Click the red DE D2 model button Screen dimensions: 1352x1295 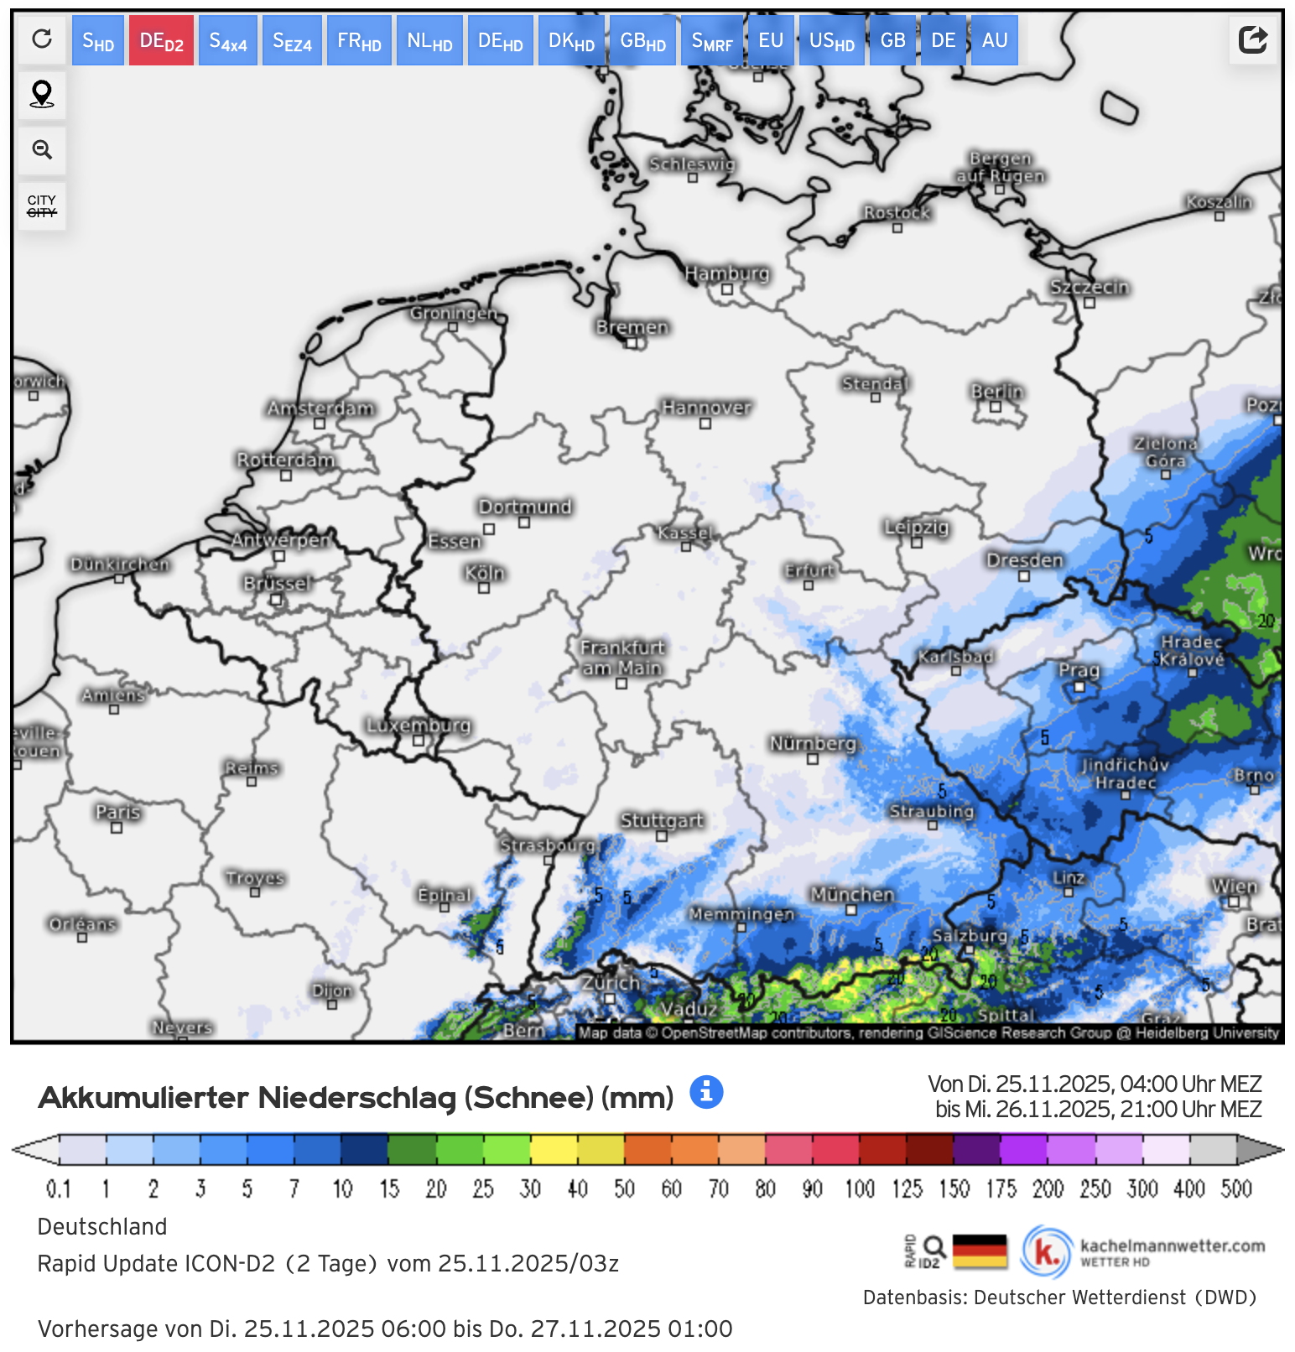tap(161, 40)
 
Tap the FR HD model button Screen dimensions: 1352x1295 tap(359, 40)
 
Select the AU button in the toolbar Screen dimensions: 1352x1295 tap(995, 40)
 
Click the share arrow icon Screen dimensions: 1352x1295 tap(1252, 39)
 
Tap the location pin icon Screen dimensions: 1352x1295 tap(42, 94)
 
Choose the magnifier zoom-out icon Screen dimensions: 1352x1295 tap(42, 150)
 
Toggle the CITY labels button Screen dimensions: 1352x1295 tap(42, 205)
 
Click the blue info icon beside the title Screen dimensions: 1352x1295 tap(706, 1092)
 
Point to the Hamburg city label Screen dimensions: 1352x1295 tap(726, 273)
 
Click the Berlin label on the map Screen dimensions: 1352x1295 tap(997, 392)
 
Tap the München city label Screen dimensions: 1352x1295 tap(852, 895)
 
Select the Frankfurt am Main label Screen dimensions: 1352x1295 tap(622, 658)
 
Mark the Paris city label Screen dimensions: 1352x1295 tap(117, 812)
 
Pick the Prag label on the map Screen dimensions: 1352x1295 tap(1079, 670)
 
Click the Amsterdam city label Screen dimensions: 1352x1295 tap(320, 408)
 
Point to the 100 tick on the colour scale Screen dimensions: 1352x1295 tap(860, 1188)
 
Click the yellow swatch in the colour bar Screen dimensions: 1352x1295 tap(554, 1149)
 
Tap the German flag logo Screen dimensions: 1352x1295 tap(980, 1251)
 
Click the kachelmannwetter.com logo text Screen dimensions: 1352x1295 tap(1172, 1246)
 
